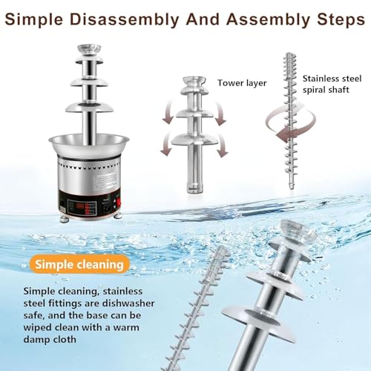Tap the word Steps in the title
(x=341, y=19)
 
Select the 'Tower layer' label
(x=242, y=83)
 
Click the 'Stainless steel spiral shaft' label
(x=332, y=84)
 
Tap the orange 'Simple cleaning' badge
(x=79, y=264)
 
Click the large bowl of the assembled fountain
(x=89, y=145)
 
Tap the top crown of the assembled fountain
(x=89, y=50)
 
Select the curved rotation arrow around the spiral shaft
(x=291, y=123)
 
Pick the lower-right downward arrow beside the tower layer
(x=222, y=146)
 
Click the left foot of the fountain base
(x=64, y=219)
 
